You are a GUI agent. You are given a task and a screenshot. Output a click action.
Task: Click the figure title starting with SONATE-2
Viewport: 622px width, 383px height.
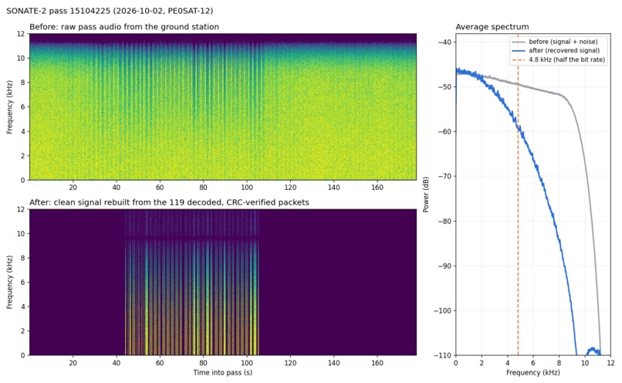tap(110, 11)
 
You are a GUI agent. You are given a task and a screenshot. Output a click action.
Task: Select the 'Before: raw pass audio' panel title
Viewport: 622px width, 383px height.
tap(124, 27)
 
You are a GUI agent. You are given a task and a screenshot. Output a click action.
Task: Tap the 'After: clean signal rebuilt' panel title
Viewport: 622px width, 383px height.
tap(169, 202)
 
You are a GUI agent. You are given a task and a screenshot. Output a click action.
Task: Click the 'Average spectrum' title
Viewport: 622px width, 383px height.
tap(492, 27)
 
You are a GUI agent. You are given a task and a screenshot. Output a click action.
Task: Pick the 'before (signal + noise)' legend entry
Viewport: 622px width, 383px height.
tap(563, 42)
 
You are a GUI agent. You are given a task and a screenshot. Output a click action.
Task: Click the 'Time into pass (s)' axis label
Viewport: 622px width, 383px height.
tap(223, 372)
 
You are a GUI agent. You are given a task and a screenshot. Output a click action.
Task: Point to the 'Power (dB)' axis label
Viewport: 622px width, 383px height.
tap(426, 195)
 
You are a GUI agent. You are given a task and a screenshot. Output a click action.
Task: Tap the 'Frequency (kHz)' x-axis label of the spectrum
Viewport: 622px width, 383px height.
tap(533, 372)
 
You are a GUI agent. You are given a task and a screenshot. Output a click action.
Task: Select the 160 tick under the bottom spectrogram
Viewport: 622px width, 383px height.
tap(377, 363)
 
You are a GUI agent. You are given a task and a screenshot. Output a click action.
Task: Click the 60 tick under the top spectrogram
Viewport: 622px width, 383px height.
tap(160, 188)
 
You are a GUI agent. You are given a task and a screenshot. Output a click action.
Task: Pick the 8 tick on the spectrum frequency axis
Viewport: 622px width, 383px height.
tap(559, 363)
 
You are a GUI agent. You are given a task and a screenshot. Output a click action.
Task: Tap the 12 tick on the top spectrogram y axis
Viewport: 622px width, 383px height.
tap(22, 34)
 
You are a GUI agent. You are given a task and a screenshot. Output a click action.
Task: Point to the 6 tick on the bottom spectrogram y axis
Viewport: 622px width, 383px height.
tap(23, 282)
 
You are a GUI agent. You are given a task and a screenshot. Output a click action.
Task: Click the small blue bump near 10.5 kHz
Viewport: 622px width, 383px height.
tap(593, 349)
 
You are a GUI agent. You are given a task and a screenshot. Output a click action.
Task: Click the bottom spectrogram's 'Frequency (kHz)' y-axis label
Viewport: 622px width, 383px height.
tap(10, 282)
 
